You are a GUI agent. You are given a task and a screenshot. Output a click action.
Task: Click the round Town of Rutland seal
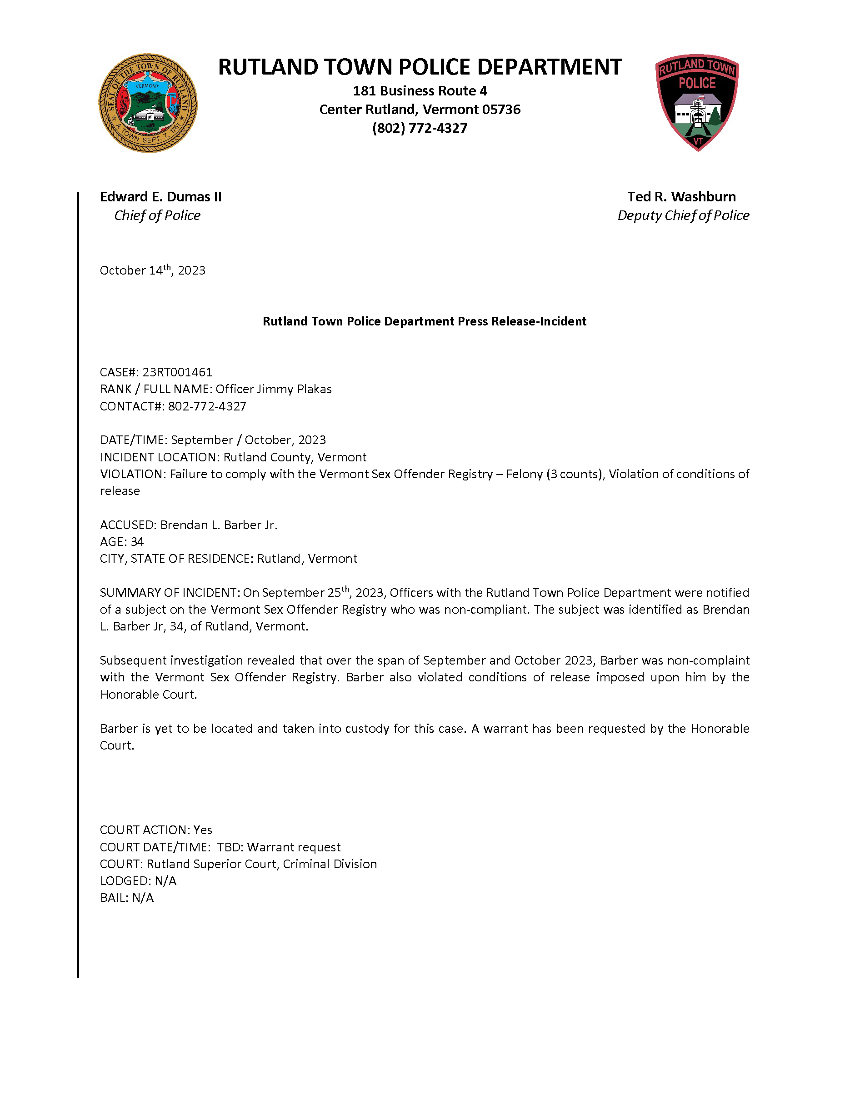point(148,103)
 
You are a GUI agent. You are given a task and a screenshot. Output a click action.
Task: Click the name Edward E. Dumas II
point(160,197)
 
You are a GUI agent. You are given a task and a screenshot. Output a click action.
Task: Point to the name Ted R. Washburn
point(681,197)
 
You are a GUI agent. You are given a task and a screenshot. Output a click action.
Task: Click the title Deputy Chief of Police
point(683,215)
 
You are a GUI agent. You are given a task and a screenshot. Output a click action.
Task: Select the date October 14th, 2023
point(153,270)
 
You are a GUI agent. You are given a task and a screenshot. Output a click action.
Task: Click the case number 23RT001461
point(177,372)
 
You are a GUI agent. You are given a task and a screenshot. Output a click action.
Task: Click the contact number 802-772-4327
point(207,406)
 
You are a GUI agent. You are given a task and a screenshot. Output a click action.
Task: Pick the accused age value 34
point(137,542)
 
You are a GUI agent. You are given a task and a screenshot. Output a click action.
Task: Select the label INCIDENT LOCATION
point(159,457)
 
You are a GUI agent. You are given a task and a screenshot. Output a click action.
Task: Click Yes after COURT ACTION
point(203,830)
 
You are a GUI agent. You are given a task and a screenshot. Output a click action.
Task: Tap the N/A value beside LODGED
point(165,881)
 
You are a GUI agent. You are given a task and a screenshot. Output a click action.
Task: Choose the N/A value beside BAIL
point(143,898)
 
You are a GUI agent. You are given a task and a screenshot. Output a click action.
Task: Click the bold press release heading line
point(425,321)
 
